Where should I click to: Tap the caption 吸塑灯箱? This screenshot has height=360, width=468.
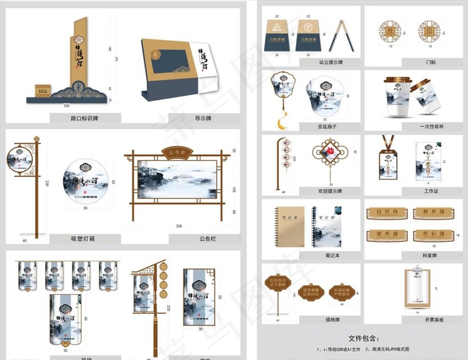click(84, 238)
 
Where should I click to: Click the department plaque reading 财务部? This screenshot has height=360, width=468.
click(428, 214)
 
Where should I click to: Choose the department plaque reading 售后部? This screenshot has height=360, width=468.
click(428, 234)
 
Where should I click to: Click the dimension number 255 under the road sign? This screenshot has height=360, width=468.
click(66, 106)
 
